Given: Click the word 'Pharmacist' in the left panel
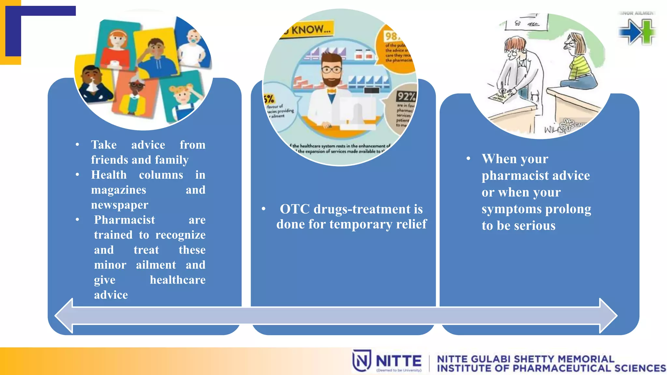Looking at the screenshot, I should point(124,220).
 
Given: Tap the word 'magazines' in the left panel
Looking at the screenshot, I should point(119,190).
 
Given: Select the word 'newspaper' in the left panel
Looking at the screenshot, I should point(120,205).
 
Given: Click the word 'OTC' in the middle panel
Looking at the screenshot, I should point(295,209).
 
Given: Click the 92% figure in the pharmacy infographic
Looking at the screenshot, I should point(406,97).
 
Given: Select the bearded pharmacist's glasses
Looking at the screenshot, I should point(331,70).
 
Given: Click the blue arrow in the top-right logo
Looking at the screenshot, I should point(630,32).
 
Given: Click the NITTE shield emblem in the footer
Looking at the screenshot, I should point(362,360).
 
